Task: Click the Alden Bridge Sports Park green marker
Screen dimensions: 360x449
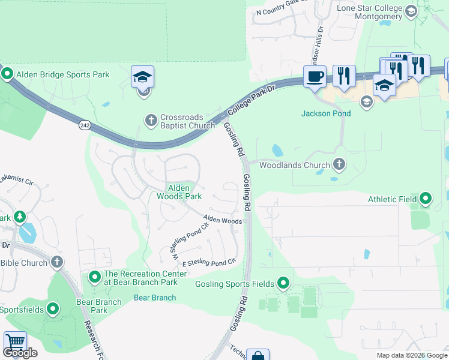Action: [8, 74]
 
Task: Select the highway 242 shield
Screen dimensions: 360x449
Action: [83, 125]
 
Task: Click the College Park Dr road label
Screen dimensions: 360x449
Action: [252, 100]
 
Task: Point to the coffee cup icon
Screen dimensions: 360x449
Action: [315, 76]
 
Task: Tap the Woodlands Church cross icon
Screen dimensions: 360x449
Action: [339, 164]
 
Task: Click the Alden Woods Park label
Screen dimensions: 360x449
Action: [179, 192]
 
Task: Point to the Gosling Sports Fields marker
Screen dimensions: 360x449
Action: [283, 283]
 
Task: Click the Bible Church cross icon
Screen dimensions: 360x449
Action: [56, 262]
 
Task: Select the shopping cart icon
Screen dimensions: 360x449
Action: [15, 343]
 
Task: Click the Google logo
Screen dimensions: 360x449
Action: [20, 353]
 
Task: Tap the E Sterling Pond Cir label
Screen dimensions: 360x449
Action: [209, 263]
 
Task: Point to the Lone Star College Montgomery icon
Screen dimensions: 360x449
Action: [411, 10]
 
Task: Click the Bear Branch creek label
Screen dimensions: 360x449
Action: [155, 298]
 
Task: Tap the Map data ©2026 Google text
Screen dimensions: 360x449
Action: [411, 355]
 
